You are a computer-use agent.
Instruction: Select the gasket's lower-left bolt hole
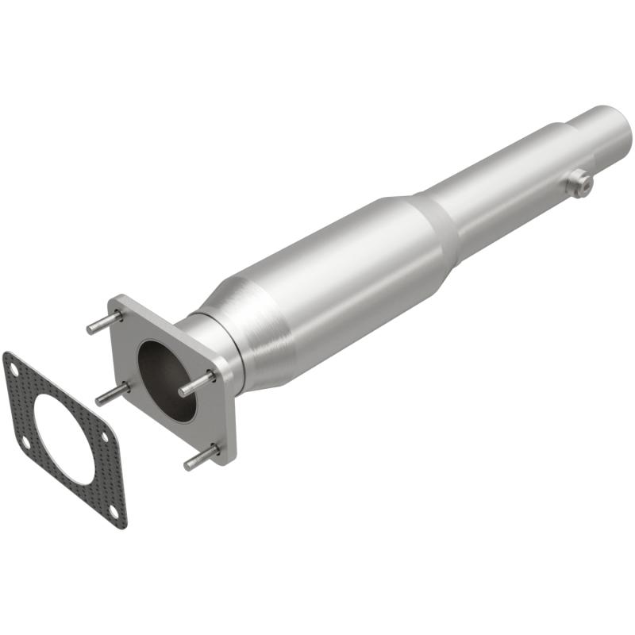[x=25, y=441]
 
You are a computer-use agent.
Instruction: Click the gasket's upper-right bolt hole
[x=106, y=437]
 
